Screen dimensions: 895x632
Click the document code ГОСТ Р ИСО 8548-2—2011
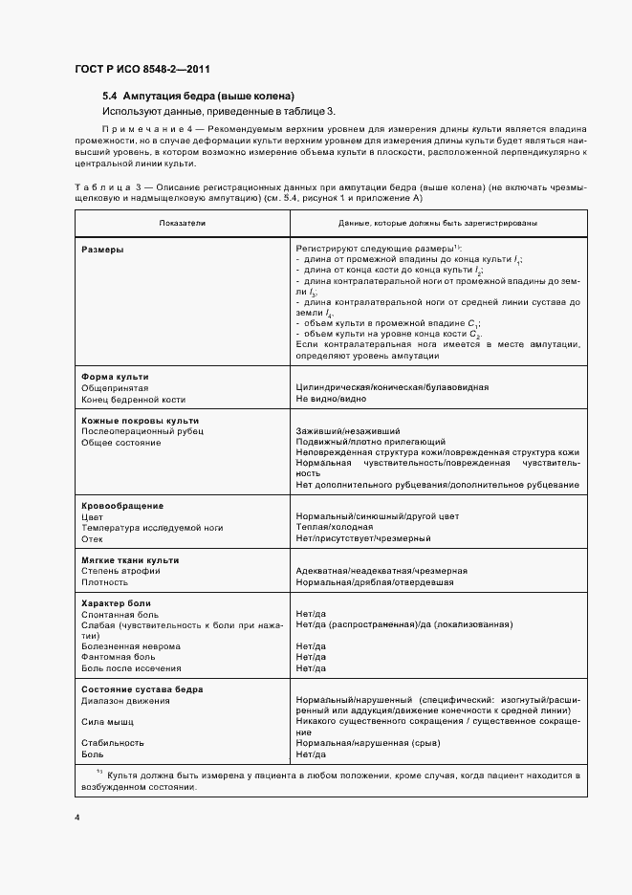pos(142,70)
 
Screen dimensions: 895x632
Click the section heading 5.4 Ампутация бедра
pos(198,97)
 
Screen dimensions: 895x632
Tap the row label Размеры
pos(101,249)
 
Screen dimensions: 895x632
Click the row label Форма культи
pos(115,377)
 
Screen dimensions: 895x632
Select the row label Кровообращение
pos(122,505)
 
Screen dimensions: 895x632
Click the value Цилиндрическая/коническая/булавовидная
pos(393,387)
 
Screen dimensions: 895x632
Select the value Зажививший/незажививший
pos(348,431)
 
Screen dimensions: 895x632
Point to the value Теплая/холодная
pos(335,527)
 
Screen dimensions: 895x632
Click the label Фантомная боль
pos(119,657)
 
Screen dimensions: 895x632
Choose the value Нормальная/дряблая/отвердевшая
pos(375,581)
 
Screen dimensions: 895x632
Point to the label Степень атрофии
pos(120,570)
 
